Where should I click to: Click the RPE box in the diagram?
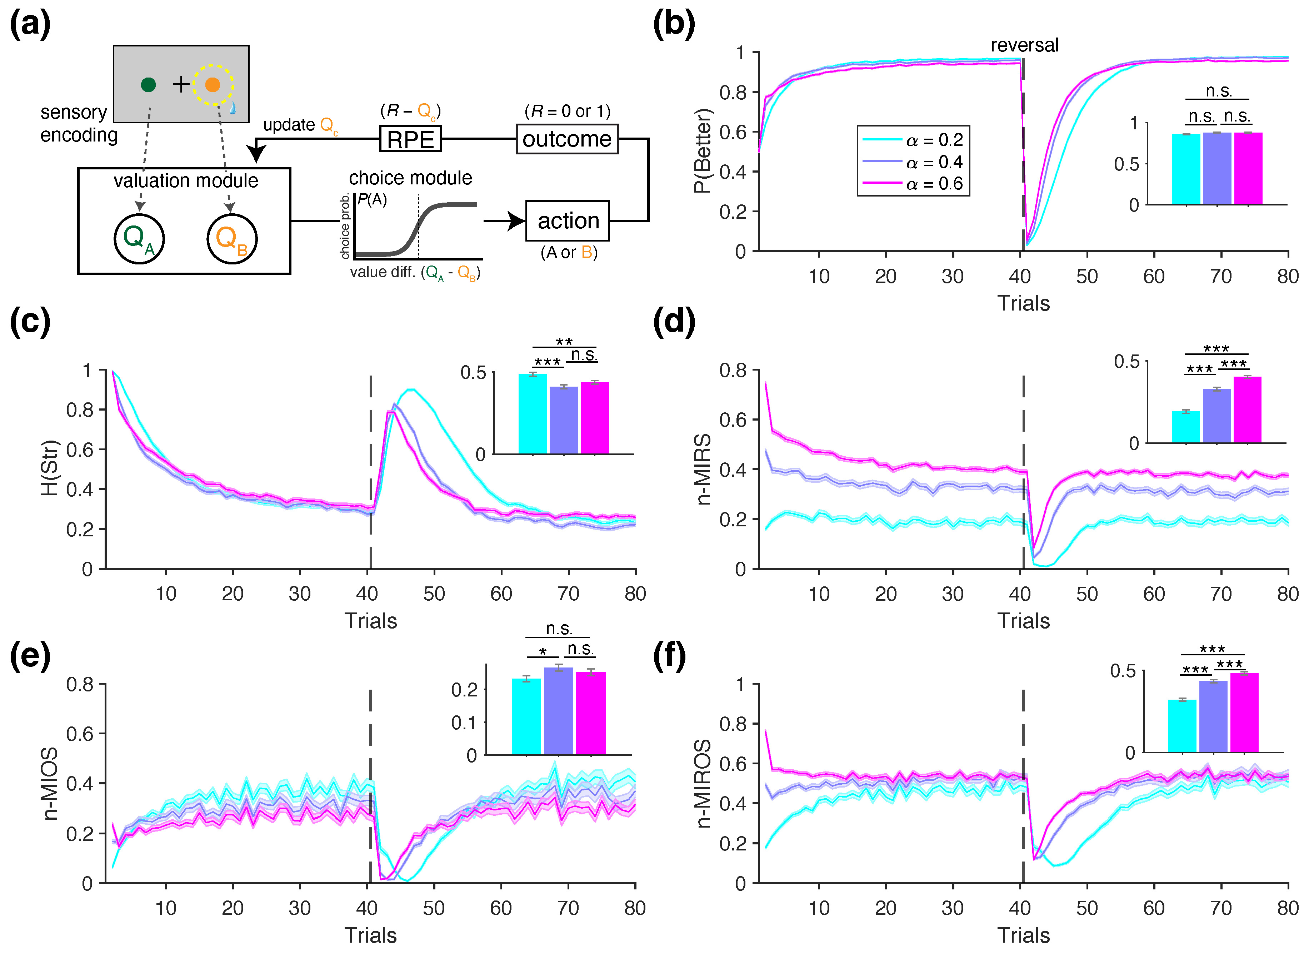[410, 139]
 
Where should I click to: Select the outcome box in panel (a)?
[567, 139]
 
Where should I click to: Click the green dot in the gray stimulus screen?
[148, 85]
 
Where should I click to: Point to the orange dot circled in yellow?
[213, 85]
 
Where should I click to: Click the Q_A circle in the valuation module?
[139, 239]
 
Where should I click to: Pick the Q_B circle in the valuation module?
[231, 239]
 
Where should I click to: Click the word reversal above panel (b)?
[1024, 45]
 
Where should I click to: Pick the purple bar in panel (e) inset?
[558, 711]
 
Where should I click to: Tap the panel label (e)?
[30, 657]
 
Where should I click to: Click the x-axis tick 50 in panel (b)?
[1087, 277]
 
